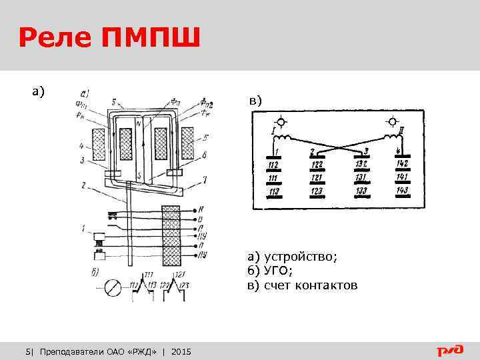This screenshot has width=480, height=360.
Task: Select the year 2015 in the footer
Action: [181, 351]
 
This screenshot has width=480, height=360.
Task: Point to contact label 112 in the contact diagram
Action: [273, 165]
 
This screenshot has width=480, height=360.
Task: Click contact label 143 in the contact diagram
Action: [402, 191]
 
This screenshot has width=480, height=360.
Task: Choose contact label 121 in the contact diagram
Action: [317, 179]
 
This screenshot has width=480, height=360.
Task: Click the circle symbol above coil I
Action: [282, 123]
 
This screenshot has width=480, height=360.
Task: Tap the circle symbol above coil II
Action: [393, 123]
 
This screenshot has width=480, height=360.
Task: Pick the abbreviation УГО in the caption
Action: [275, 271]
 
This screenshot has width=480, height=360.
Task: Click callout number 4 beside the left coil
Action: [81, 145]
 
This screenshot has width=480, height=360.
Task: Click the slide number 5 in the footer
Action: [27, 351]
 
